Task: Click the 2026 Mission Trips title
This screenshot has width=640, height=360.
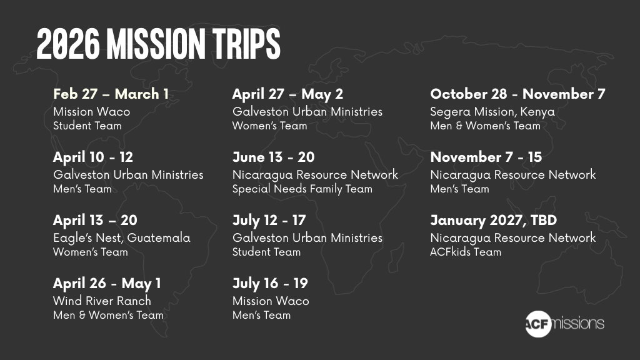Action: pos(158,44)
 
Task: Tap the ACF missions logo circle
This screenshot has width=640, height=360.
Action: pos(538,324)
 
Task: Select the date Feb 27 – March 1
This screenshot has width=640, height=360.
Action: pos(111,94)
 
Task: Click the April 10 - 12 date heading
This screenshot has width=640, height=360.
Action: pos(93,157)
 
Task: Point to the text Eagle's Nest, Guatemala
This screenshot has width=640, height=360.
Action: pos(122,237)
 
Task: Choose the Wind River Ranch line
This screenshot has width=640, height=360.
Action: pos(102,301)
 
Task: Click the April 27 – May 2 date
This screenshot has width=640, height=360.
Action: pos(287,94)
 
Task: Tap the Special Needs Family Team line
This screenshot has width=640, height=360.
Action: pos(302,189)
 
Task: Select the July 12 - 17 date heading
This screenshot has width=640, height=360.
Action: pos(269,221)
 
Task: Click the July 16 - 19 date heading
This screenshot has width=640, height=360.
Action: pos(270,283)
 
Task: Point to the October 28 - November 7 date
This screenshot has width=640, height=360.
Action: pos(517,94)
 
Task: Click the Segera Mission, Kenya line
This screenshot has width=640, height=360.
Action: pos(492,111)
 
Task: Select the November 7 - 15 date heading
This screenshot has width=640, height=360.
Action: pos(486,157)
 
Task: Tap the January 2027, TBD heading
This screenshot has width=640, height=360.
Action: pos(494,221)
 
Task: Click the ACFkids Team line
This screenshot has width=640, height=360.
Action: pos(466,252)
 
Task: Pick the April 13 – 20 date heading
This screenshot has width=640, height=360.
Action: pos(95,221)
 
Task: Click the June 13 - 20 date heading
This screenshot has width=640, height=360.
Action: pos(274,157)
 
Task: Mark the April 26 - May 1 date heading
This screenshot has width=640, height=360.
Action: pos(107,284)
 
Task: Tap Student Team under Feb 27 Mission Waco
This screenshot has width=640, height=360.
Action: pos(87,126)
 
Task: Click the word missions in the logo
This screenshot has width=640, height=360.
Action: pos(577,323)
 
